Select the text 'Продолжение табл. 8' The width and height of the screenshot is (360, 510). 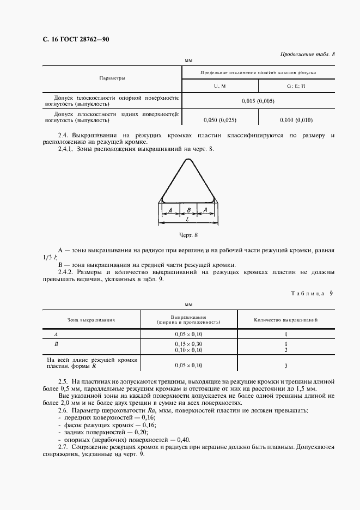click(x=307, y=54)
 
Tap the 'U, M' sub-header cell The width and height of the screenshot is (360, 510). click(x=219, y=87)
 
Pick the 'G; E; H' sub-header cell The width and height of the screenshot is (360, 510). click(x=296, y=87)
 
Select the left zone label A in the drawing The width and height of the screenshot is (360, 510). click(x=170, y=210)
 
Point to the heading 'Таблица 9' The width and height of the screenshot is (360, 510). click(x=312, y=293)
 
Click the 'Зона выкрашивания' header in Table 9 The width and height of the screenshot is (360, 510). click(x=91, y=320)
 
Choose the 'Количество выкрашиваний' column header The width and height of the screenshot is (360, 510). click(x=286, y=320)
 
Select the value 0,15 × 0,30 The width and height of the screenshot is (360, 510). click(x=188, y=344)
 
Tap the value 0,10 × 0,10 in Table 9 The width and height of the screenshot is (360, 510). click(x=188, y=350)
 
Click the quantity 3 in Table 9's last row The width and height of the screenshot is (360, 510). click(x=285, y=366)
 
